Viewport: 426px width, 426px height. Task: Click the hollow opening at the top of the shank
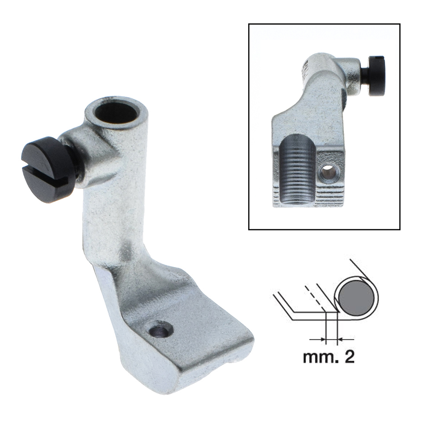[x=116, y=112]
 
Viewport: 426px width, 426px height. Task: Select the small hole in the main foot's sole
[x=161, y=329]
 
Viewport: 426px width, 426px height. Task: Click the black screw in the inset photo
[x=377, y=75]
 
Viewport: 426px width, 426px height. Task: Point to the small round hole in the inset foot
[x=327, y=173]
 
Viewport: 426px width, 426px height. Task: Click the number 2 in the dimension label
[x=350, y=357]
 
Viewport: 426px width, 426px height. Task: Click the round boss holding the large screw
[x=90, y=154]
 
